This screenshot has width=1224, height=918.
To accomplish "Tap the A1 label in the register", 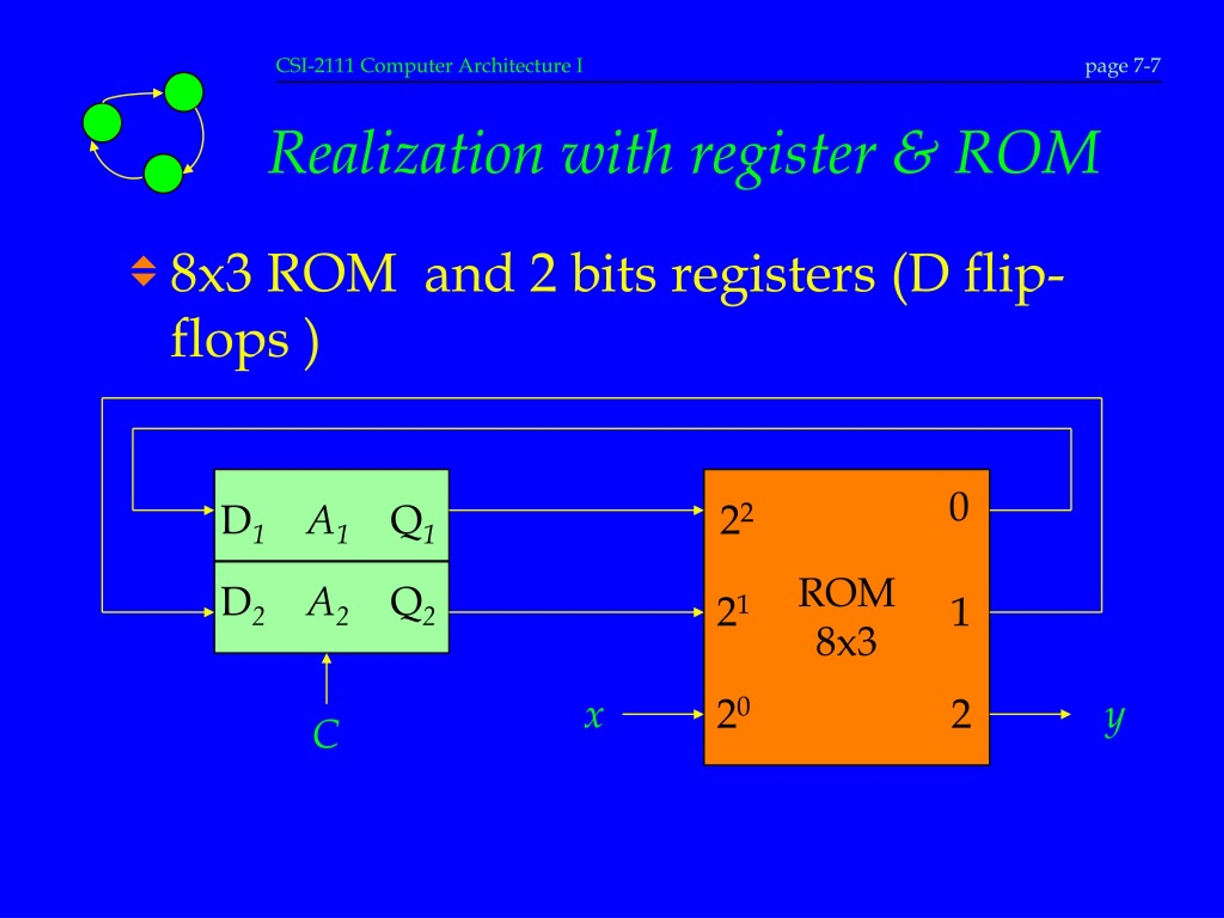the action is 327,523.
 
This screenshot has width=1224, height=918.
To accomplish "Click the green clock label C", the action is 326,734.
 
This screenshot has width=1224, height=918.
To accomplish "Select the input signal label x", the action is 594,716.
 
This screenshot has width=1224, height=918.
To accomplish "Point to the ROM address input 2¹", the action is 732,612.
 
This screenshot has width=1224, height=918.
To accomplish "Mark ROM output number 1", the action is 961,612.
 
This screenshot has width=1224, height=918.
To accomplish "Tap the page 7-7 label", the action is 1122,66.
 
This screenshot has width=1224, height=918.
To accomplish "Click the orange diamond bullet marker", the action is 144,271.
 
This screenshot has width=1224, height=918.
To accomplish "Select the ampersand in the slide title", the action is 915,153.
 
